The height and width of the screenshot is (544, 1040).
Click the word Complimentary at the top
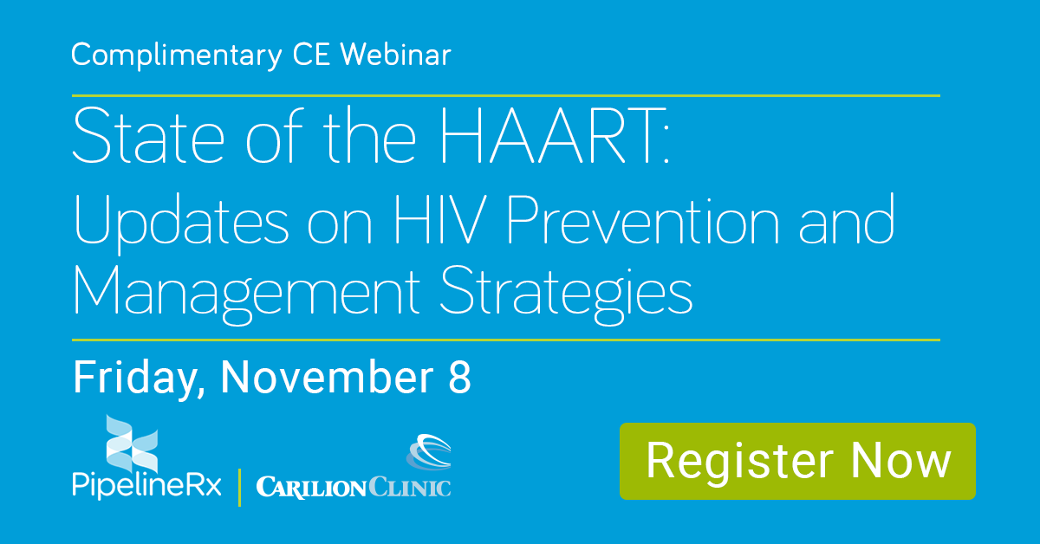click(177, 56)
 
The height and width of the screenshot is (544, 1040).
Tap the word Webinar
click(395, 55)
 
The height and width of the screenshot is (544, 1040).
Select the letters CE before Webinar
click(311, 55)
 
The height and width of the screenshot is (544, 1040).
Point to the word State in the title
click(148, 135)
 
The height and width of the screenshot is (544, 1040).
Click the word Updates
click(181, 223)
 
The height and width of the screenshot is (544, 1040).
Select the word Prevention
click(643, 218)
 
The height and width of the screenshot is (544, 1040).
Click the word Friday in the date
click(139, 379)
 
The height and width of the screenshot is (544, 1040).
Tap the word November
click(327, 377)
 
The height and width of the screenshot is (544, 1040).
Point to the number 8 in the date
click(459, 377)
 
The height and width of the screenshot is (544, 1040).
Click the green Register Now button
click(797, 461)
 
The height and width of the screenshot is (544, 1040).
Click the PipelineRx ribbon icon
click(132, 444)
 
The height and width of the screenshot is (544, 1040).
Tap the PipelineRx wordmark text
click(146, 485)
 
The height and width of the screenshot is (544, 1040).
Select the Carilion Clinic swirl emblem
click(428, 451)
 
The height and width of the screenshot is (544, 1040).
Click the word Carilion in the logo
click(311, 488)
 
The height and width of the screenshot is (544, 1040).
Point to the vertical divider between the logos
click(239, 488)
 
